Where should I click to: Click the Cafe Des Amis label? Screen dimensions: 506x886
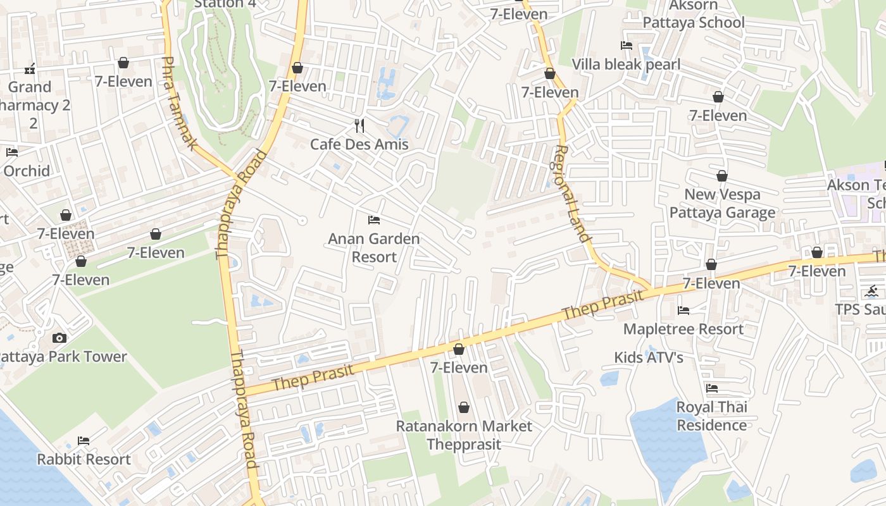tap(359, 144)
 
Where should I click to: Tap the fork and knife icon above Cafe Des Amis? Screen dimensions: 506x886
tap(359, 126)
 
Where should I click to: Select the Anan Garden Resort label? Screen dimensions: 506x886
tap(374, 248)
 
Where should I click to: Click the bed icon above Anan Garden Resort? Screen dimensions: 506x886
tap(374, 220)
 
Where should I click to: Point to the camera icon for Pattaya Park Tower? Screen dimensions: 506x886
tap(59, 338)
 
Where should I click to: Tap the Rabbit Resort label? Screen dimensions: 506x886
tap(84, 459)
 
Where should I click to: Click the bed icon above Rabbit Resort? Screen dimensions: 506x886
tap(84, 440)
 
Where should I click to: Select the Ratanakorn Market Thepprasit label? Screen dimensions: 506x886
tap(464, 435)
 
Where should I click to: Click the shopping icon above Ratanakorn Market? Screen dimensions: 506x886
tap(464, 407)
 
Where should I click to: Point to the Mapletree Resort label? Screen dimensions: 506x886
tap(683, 329)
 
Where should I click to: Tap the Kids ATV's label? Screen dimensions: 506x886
tap(649, 357)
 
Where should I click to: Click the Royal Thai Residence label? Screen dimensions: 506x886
tap(712, 416)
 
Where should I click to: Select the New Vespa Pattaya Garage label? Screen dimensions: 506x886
tap(722, 203)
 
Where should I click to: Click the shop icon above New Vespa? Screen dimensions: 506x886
tap(722, 176)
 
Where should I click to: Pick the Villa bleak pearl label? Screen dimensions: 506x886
tap(626, 65)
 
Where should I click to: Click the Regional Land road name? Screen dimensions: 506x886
tap(572, 194)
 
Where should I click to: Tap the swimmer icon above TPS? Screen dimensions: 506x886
tap(871, 291)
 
